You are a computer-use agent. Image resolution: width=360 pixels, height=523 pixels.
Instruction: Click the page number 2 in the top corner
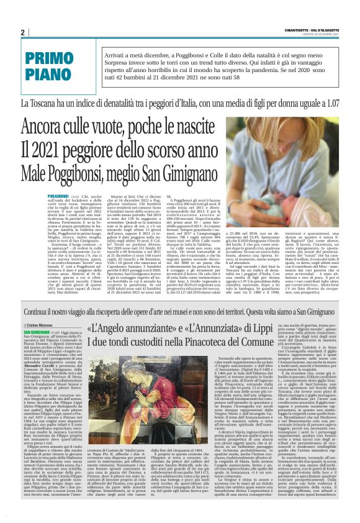(x=22, y=32)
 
